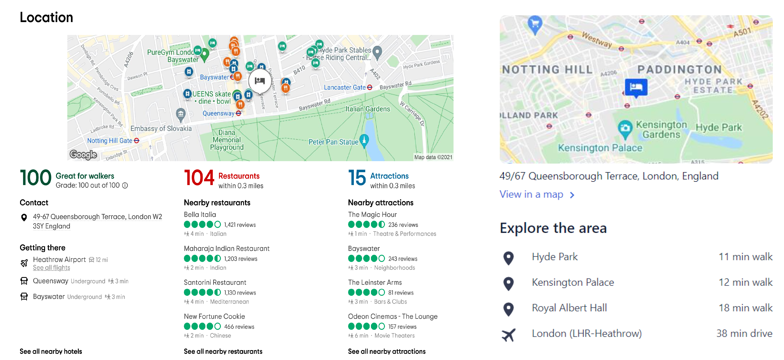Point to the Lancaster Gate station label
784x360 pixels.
[x=344, y=87]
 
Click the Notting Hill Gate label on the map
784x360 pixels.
[x=110, y=141]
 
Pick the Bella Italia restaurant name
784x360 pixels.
[x=200, y=214]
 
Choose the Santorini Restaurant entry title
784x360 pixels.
[x=215, y=282]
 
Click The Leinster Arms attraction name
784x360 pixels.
[x=375, y=282]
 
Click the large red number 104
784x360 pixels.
[x=199, y=178]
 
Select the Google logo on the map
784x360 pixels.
[x=83, y=155]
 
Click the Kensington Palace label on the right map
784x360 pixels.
[x=600, y=148]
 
